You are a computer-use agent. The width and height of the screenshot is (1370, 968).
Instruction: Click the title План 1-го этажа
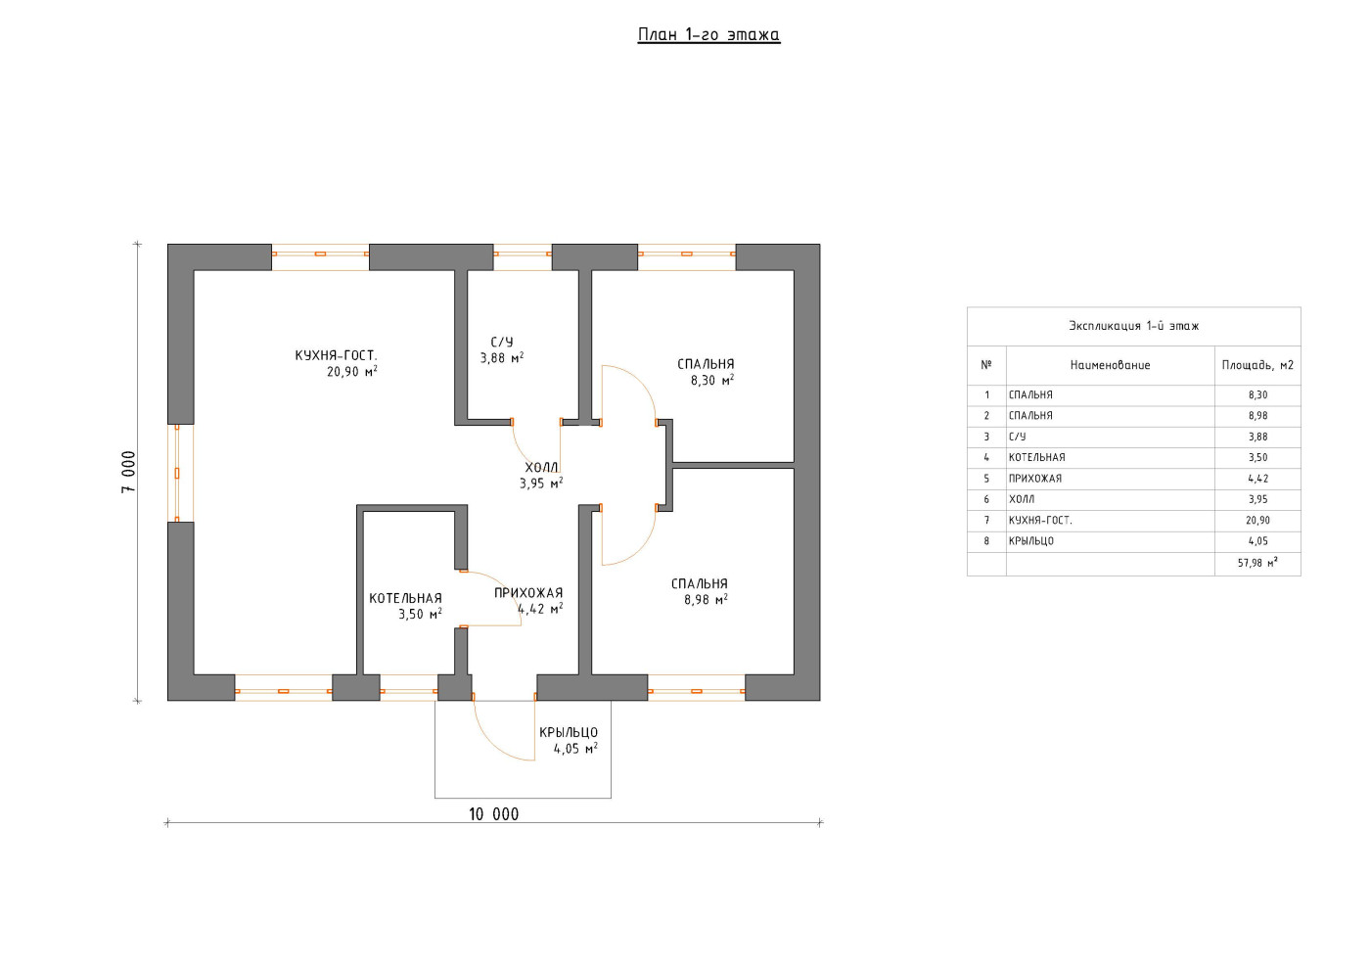coord(708,35)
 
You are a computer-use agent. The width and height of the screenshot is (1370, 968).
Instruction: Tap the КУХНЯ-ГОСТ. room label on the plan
coord(337,355)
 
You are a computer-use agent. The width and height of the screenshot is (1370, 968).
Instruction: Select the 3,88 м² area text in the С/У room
coord(501,358)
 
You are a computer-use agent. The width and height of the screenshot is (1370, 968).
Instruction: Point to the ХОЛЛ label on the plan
coord(541,468)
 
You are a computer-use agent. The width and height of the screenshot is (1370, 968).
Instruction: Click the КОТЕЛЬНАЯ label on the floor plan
coord(405,598)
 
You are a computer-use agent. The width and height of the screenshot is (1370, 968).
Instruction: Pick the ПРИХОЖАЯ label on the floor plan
coord(528,593)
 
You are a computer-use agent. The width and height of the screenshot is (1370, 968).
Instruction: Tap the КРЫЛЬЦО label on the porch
coord(569,732)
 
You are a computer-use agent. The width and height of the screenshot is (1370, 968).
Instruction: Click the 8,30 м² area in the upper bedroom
coord(712,381)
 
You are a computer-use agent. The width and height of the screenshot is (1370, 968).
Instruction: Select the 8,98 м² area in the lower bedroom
coord(706,600)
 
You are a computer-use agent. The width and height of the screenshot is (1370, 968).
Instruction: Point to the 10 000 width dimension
coord(493,814)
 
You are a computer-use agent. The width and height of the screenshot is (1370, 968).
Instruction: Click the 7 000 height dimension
coord(128,473)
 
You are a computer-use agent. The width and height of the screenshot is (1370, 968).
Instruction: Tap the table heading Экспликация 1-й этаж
coord(1134,326)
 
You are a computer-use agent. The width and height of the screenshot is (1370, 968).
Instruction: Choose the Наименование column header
coord(1110,365)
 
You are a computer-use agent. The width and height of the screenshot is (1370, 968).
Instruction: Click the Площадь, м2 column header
coord(1257,365)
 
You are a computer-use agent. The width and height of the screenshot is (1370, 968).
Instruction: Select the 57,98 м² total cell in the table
coord(1257,563)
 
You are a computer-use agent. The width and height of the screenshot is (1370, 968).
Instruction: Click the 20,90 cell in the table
coord(1258,521)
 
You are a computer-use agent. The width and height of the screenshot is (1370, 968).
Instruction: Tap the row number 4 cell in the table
coord(986,458)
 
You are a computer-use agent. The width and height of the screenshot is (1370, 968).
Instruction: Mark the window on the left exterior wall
coord(177,473)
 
